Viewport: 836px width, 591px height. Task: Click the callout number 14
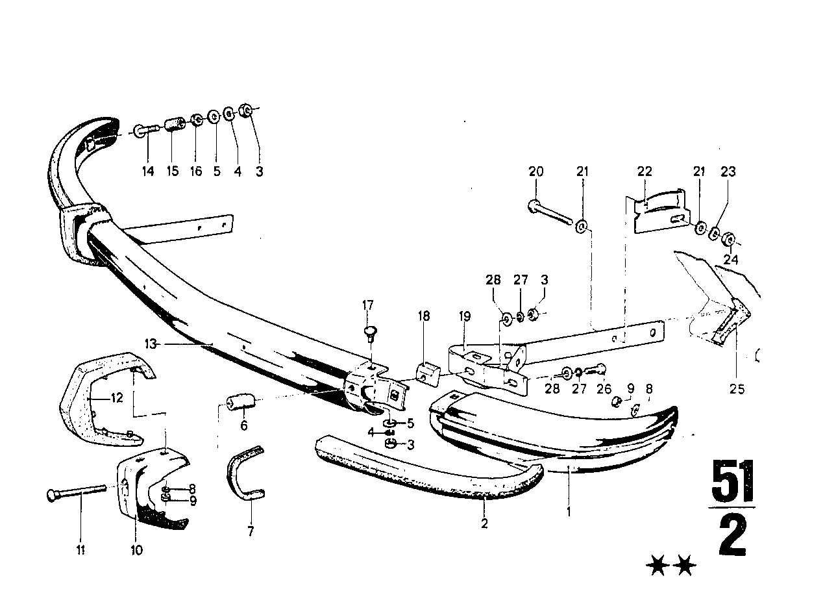tap(149, 172)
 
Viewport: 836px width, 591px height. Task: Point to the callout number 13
tap(151, 344)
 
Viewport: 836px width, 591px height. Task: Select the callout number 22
tap(644, 172)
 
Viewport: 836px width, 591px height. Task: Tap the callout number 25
tap(737, 390)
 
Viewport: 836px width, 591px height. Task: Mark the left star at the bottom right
tap(659, 568)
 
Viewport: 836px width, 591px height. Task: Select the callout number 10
tap(136, 550)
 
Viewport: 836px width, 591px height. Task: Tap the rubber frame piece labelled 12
tap(97, 396)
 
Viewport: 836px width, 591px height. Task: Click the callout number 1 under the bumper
tap(569, 511)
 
